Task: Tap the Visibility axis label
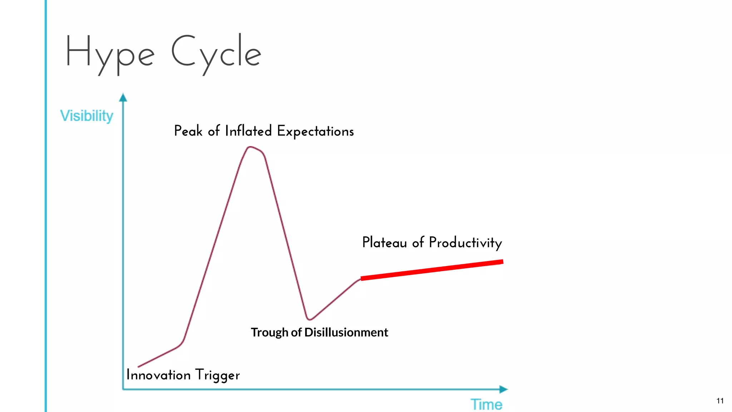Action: pos(86,116)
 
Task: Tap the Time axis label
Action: pos(486,404)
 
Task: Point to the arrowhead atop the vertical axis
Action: pos(123,97)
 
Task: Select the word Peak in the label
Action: pos(188,131)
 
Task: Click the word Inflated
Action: pos(248,131)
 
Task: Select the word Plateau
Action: pos(385,242)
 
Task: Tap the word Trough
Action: pos(269,333)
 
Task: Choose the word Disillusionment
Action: pos(346,333)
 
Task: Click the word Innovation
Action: pos(158,375)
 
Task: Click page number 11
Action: pos(720,401)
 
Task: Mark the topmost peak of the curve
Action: pos(251,147)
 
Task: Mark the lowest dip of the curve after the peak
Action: pos(309,319)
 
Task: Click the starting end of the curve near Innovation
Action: pos(139,367)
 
